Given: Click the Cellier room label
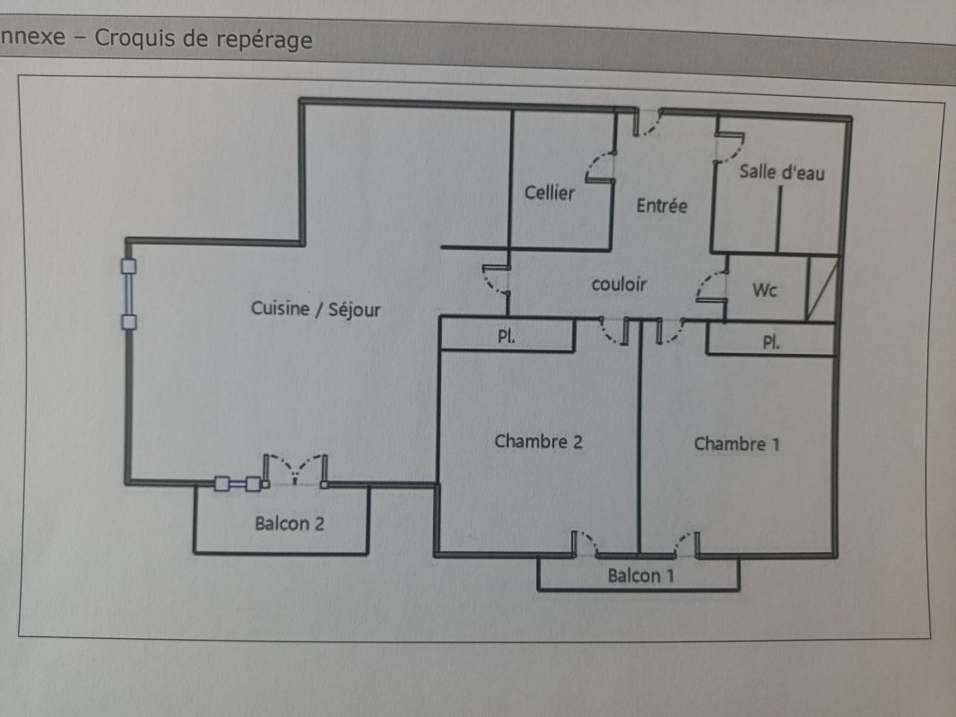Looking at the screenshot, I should coord(549,193).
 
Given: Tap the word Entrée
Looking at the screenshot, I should coord(662,205).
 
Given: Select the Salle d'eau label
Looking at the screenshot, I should coord(781,172).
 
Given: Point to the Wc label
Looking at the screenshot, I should coord(764,290).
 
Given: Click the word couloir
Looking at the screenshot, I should coord(619,284).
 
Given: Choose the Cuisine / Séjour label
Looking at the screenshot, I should coord(316,309).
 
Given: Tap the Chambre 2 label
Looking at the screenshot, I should coord(538,442).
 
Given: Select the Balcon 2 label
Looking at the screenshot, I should coord(289,523).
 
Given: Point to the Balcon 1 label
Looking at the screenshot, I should coord(640,575).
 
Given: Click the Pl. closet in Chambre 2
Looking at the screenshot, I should coord(506,337).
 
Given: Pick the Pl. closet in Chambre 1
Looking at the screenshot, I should coord(770,341).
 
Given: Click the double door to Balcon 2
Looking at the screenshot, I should coord(296,471).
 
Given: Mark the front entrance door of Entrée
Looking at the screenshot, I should coord(647,124).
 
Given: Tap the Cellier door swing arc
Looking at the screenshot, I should coord(600,167).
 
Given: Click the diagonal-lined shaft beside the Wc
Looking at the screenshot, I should coord(822,289).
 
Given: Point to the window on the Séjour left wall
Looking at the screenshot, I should coord(129,294).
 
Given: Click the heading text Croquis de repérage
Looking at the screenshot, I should coord(204,40).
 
